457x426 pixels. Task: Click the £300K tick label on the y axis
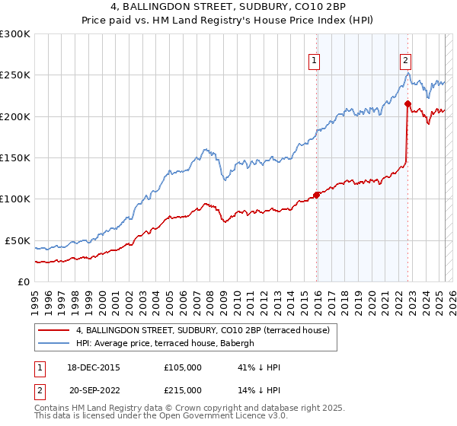pos(15,34)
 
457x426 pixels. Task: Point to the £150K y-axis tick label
pos(15,157)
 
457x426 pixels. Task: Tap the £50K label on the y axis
pos(18,240)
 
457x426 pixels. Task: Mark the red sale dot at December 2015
pos(316,195)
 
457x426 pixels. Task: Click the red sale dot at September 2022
pos(407,103)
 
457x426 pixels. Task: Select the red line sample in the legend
pos(54,330)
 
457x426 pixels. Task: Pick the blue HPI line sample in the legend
pos(54,343)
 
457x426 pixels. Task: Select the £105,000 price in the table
pos(182,367)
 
